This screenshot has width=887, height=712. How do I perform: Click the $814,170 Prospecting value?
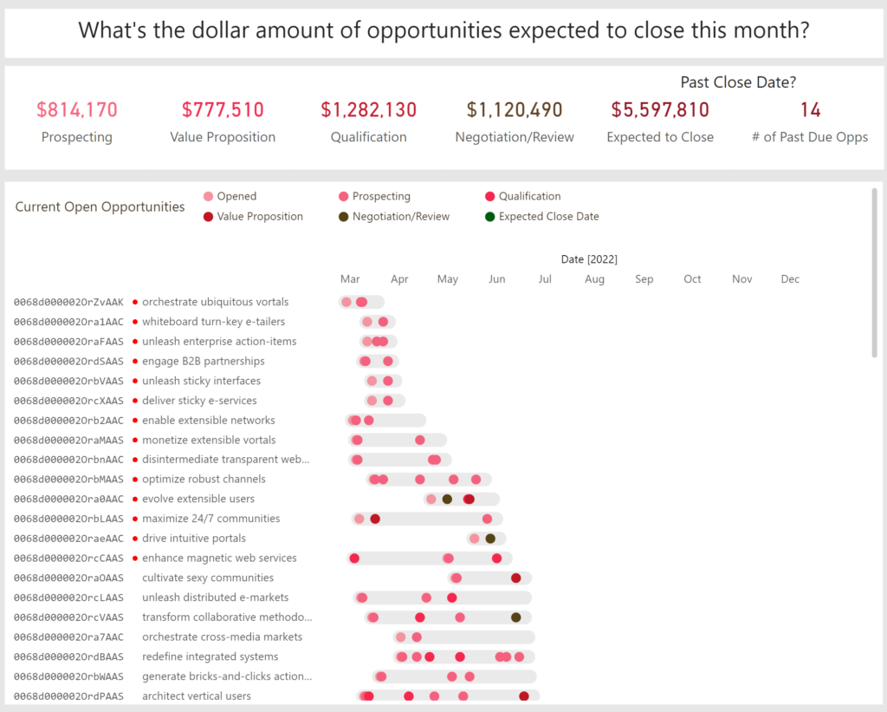click(77, 110)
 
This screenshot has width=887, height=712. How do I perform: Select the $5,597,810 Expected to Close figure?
click(660, 110)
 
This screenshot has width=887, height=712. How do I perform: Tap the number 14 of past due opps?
click(810, 110)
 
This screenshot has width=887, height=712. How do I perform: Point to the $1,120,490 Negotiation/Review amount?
click(515, 110)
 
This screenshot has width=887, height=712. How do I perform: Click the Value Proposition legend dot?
click(207, 217)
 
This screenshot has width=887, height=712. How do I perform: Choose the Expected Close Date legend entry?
click(548, 217)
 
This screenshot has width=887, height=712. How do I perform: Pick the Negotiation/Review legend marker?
click(344, 217)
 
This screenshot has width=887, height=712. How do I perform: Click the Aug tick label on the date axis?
click(594, 279)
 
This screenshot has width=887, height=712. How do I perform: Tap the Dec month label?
click(790, 279)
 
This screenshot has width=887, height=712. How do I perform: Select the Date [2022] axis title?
click(589, 259)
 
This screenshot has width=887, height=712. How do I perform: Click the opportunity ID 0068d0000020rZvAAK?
click(68, 303)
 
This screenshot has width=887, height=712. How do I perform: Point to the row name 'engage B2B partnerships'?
click(204, 362)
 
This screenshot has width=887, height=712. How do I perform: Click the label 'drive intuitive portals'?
click(193, 539)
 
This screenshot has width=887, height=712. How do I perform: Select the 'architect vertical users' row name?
click(197, 696)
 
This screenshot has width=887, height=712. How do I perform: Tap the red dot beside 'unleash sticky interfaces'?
click(135, 382)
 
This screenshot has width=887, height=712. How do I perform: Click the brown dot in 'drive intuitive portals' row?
click(490, 539)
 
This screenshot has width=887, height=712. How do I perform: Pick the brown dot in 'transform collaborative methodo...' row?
click(516, 617)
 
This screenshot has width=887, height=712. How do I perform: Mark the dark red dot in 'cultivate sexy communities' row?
click(516, 578)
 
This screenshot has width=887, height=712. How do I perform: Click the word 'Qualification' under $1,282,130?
click(368, 137)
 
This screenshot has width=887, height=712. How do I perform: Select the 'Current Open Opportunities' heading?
click(100, 207)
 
